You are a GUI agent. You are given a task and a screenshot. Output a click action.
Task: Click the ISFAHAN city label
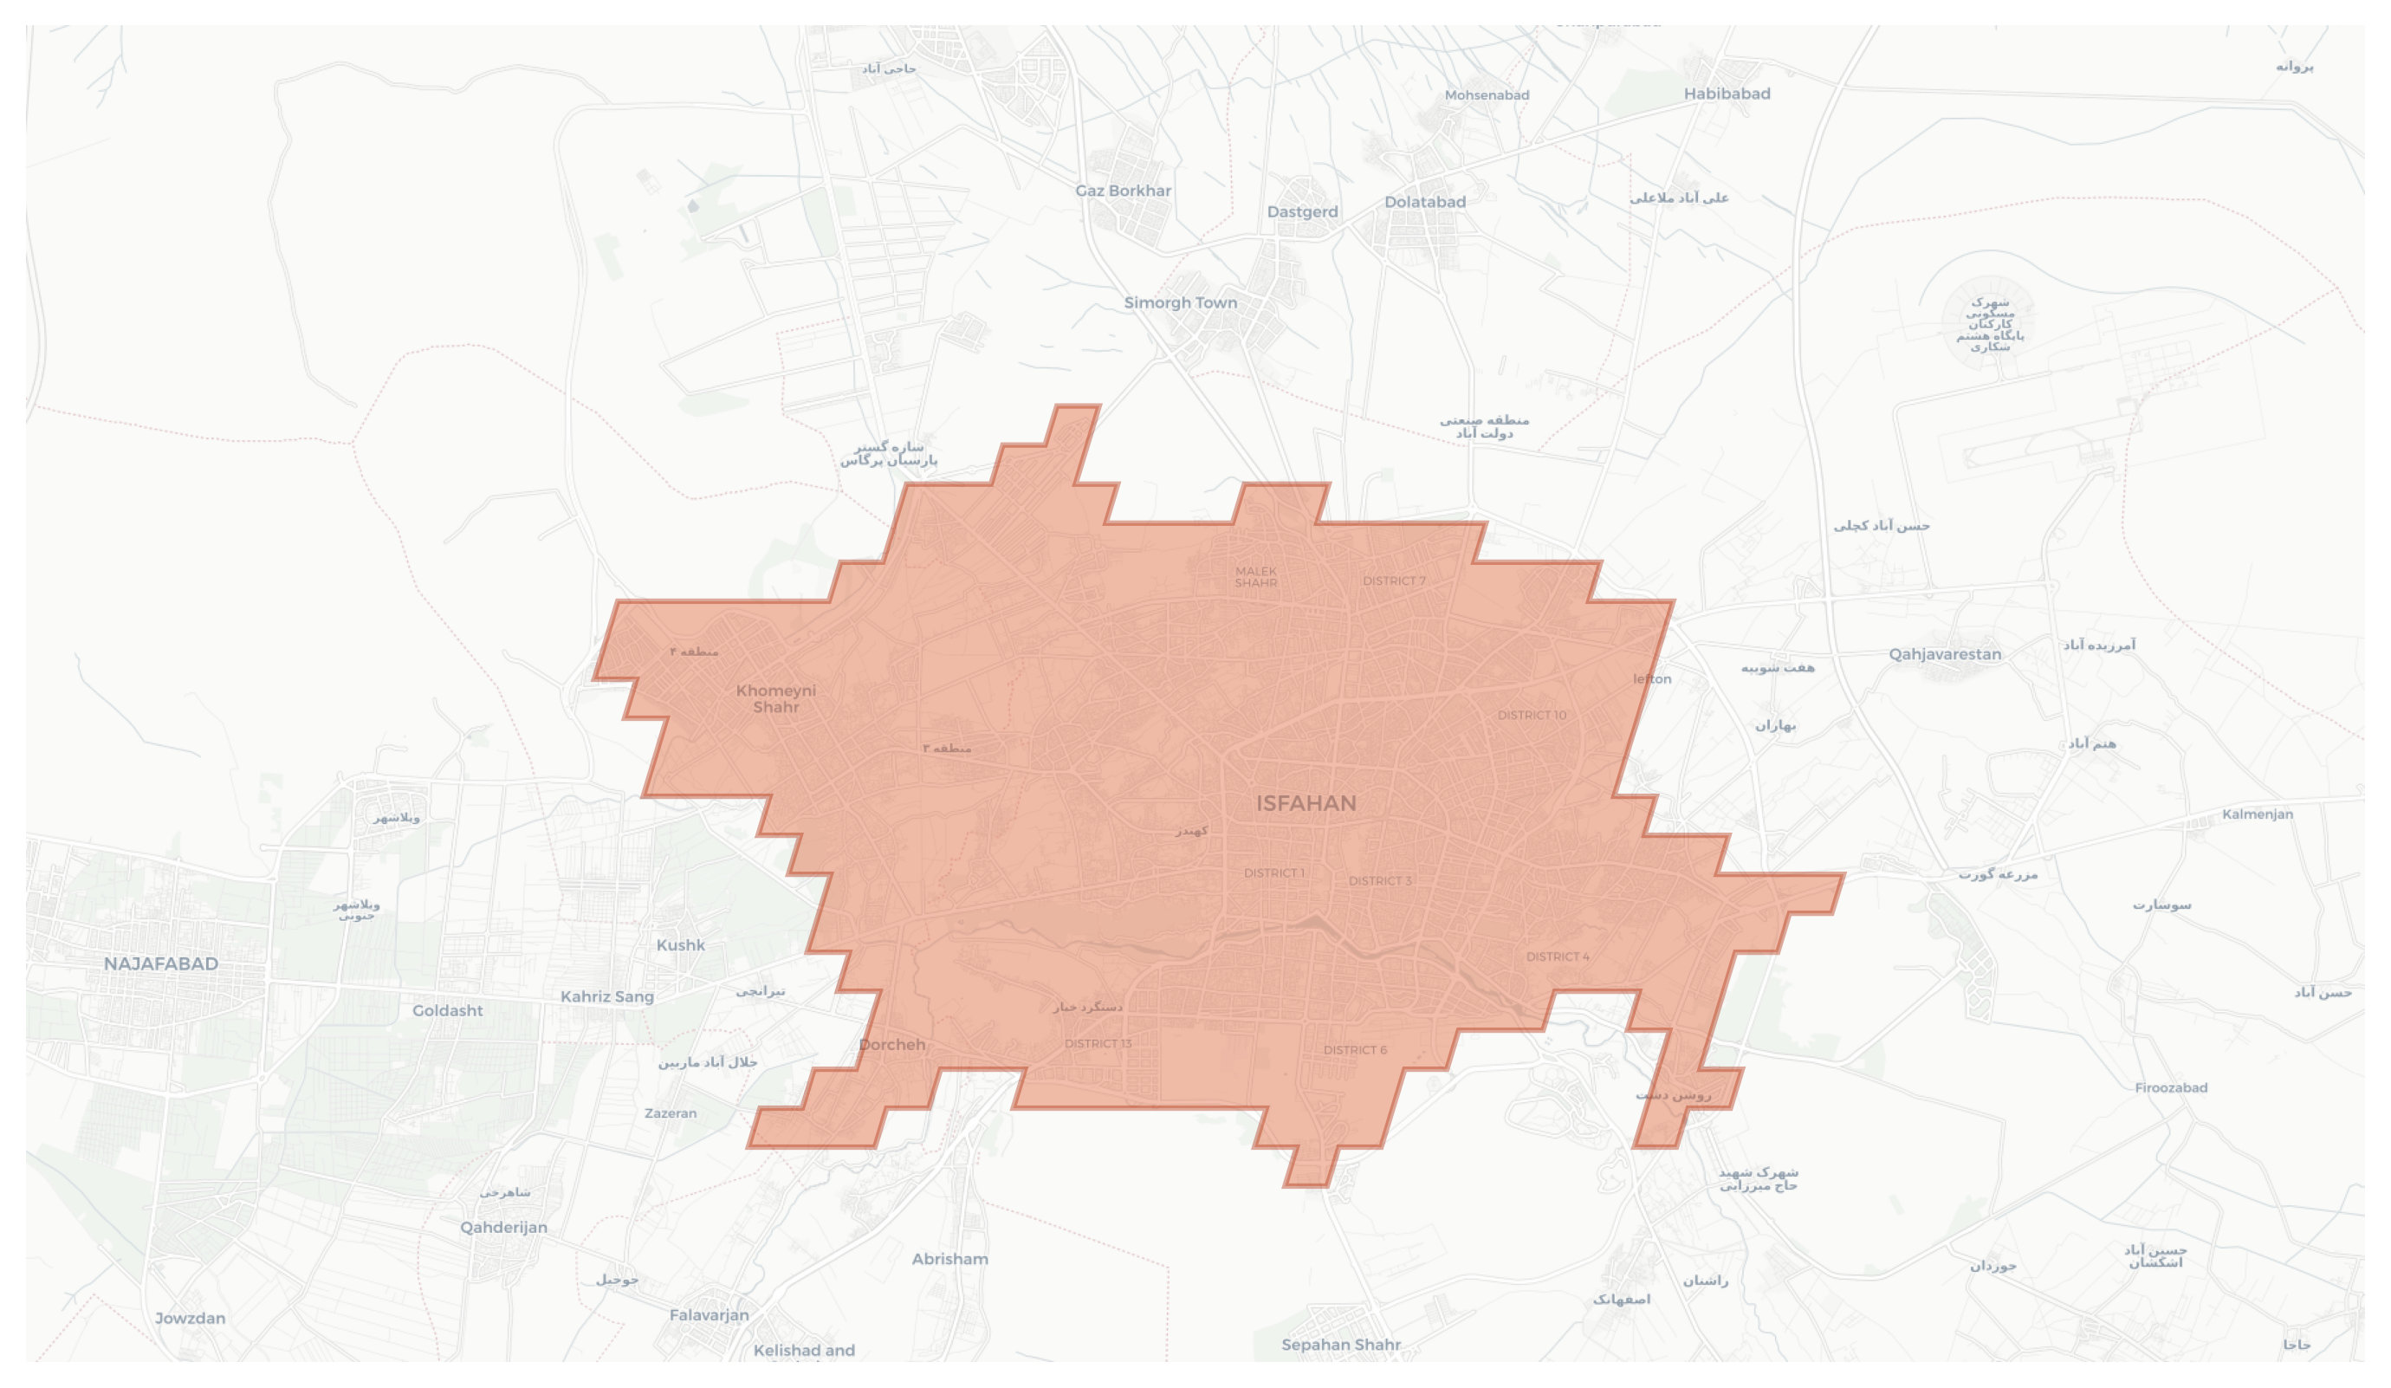click(x=1306, y=803)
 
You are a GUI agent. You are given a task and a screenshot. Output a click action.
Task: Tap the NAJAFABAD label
click(x=161, y=964)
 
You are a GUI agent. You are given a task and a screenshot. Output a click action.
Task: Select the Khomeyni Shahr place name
click(x=776, y=699)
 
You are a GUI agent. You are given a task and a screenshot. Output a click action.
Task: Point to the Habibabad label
click(x=1727, y=94)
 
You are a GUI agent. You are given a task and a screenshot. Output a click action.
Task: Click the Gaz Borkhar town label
click(x=1124, y=191)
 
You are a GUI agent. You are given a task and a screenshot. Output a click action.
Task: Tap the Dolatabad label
click(x=1425, y=202)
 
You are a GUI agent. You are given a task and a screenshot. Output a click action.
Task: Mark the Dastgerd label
click(x=1303, y=212)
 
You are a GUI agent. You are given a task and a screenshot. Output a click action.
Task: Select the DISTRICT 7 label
click(x=1394, y=580)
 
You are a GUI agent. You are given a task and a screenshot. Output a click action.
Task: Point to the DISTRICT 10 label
click(x=1532, y=716)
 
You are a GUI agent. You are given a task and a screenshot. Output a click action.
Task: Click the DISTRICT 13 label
click(x=1098, y=1044)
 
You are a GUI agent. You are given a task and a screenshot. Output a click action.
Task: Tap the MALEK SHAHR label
click(x=1256, y=577)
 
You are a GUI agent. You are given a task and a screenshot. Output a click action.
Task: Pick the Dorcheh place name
click(x=892, y=1045)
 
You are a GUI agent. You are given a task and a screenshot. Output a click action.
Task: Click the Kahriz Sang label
click(x=607, y=997)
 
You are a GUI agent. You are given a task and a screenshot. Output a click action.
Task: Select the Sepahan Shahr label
click(x=1341, y=1346)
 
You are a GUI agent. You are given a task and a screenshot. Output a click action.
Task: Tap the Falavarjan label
click(x=709, y=1316)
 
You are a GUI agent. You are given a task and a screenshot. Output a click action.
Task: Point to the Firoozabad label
click(x=2171, y=1088)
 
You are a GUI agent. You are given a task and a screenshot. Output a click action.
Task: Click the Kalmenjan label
click(x=2258, y=815)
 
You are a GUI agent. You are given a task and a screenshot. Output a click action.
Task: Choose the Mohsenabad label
click(x=1487, y=96)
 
